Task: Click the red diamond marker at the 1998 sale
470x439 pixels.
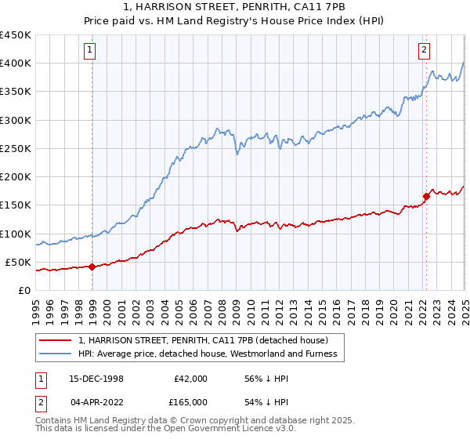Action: [92, 267]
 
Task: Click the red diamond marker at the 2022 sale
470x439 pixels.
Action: [427, 196]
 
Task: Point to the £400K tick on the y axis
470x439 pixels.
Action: [16, 63]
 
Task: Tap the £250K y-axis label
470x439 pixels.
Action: [16, 148]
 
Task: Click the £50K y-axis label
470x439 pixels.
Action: [20, 262]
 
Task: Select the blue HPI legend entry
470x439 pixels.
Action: [207, 354]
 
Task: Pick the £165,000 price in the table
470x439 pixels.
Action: [190, 401]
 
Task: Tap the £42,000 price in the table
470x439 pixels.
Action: [190, 378]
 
